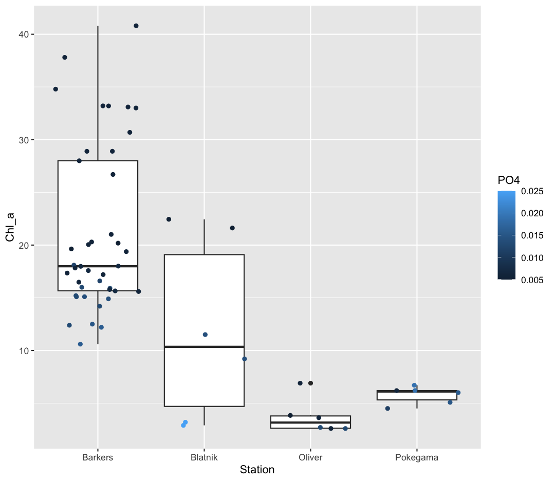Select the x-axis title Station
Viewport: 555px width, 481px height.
pos(257,470)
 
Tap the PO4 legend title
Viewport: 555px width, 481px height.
pos(508,180)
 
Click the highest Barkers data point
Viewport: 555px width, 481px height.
pos(136,26)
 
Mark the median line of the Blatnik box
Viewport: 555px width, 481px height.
pos(204,347)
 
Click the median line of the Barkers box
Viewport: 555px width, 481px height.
pos(98,266)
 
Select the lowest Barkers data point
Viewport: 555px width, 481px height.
pos(80,344)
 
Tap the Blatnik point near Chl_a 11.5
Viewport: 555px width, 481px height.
pos(205,335)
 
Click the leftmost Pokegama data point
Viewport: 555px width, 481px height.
pos(387,409)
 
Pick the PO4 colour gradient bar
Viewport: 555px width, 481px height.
pos(507,235)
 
